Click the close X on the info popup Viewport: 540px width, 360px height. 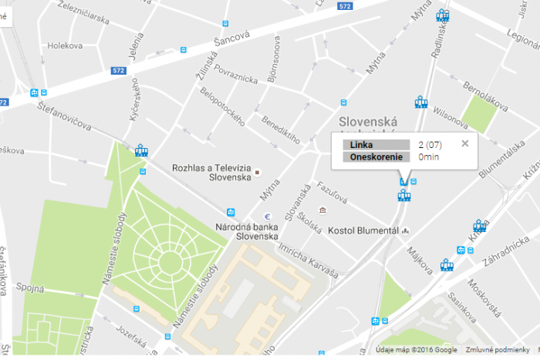pos(464,143)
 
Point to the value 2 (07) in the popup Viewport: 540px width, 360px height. pos(429,144)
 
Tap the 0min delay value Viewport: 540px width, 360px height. pos(428,156)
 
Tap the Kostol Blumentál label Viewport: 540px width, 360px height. pos(363,230)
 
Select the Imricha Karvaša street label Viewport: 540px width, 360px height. pos(309,261)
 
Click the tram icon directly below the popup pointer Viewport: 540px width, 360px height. pos(403,195)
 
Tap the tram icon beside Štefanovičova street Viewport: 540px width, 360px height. pos(141,150)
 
